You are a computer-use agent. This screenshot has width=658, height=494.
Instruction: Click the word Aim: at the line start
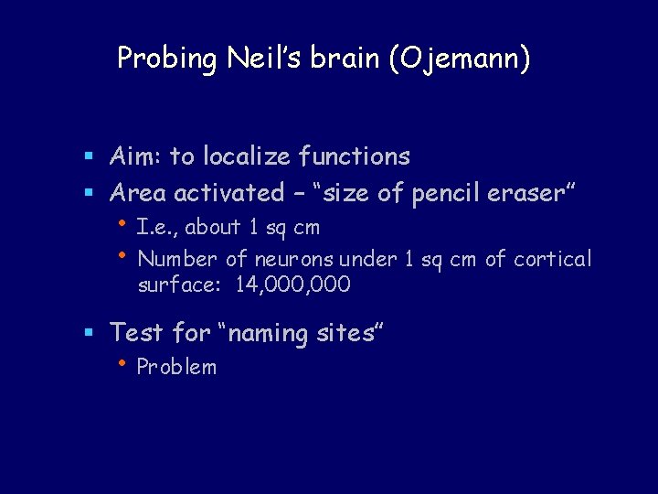point(136,156)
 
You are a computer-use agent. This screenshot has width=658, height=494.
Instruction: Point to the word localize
point(246,156)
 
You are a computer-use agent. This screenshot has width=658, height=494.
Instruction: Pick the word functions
point(355,156)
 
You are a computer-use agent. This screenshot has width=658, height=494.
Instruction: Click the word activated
point(229,193)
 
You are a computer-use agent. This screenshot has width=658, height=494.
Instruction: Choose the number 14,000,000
point(292,285)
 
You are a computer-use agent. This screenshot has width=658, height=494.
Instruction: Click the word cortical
point(552,259)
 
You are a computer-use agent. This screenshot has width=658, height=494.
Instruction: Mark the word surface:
point(180,285)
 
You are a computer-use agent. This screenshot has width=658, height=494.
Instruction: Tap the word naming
point(271,333)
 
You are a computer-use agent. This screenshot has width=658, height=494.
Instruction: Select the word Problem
point(176,368)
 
